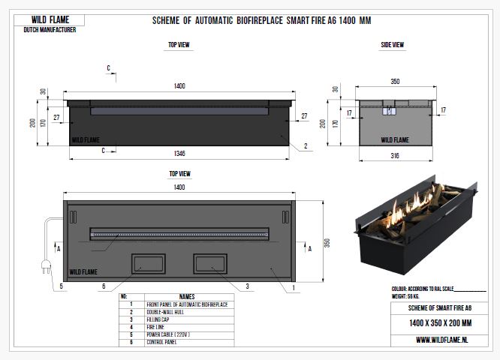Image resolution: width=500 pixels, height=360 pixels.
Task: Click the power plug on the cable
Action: (x=47, y=266)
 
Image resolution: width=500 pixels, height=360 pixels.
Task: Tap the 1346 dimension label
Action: (x=179, y=154)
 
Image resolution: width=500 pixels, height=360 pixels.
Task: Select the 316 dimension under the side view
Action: (x=395, y=156)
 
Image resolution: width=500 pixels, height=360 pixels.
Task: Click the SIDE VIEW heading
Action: (x=392, y=45)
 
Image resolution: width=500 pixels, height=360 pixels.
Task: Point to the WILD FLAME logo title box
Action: (x=50, y=19)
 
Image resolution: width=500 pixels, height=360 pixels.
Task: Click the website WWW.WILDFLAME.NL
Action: (x=442, y=340)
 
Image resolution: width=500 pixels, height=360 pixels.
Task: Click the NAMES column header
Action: (x=187, y=296)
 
